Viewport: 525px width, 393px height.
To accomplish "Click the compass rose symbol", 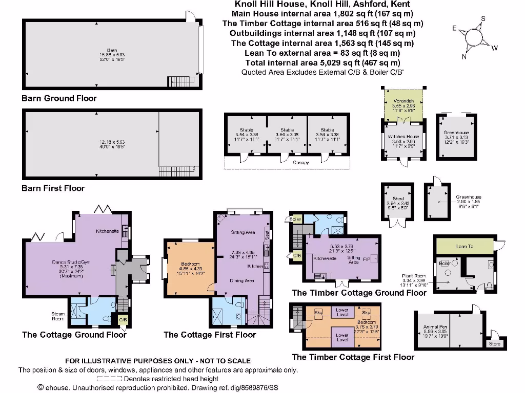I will (x=473, y=38).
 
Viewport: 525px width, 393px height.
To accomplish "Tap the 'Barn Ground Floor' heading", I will (x=59, y=98).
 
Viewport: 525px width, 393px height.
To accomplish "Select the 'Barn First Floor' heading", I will (x=53, y=188).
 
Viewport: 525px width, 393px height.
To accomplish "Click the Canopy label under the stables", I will (x=301, y=163).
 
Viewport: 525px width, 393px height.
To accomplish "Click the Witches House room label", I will (x=403, y=137).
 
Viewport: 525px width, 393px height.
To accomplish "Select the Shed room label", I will (x=398, y=199).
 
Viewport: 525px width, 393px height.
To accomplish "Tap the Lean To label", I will (x=465, y=246).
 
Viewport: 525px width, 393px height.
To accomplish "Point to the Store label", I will (x=495, y=343).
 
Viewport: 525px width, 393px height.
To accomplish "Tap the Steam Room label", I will (x=57, y=316).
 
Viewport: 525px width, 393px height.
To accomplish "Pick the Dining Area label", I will (x=242, y=280).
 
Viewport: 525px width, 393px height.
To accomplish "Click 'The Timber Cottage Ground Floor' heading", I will (x=359, y=293).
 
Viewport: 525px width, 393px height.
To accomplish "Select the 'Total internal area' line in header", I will (x=322, y=62).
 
